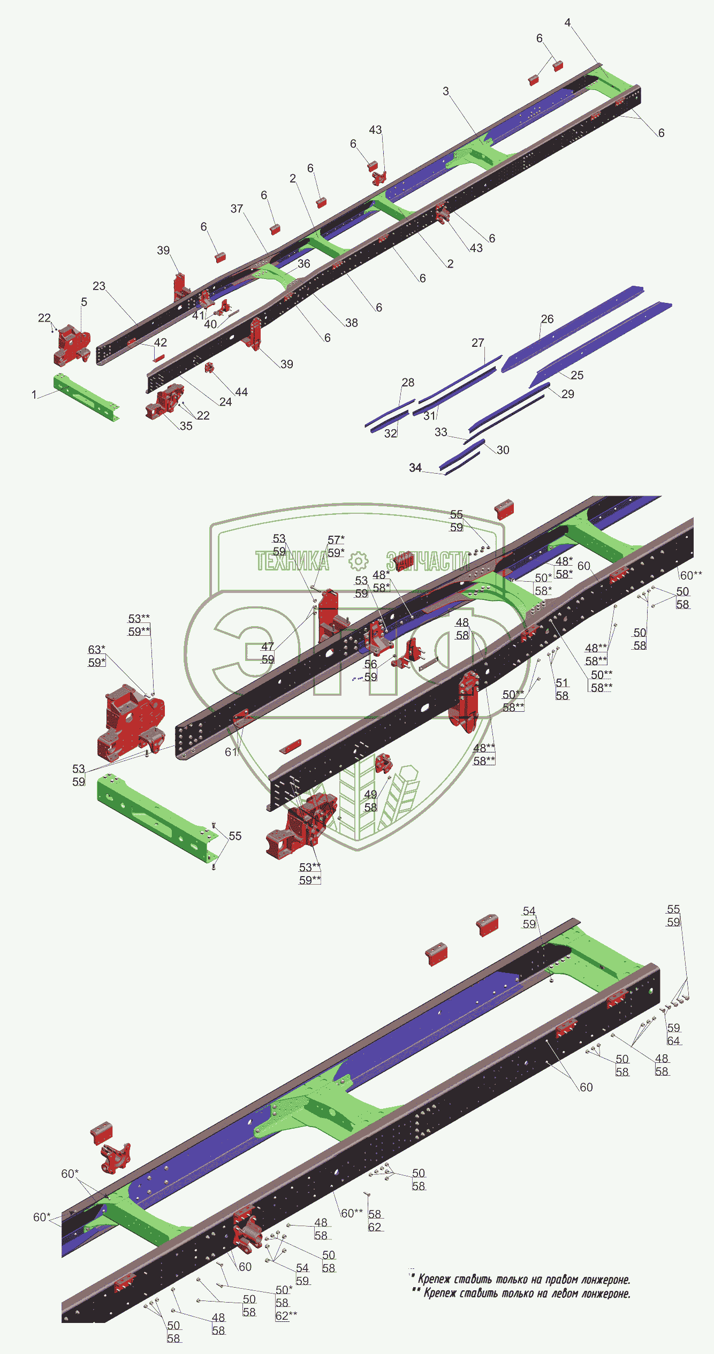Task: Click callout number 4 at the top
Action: click(x=567, y=22)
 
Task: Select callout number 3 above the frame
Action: click(x=446, y=91)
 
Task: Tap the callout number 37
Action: click(x=237, y=208)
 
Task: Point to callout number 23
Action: click(x=99, y=286)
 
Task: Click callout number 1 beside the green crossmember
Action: click(x=34, y=394)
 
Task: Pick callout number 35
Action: click(x=186, y=426)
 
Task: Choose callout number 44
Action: click(x=241, y=392)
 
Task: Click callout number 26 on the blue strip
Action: click(x=547, y=319)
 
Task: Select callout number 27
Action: click(x=478, y=343)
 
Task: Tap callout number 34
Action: click(x=415, y=468)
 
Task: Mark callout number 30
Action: click(x=503, y=450)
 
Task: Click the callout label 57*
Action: click(x=336, y=539)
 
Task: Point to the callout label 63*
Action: click(x=96, y=649)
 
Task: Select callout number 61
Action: click(x=231, y=752)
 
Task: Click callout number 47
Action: click(x=268, y=646)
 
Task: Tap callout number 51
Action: click(x=562, y=682)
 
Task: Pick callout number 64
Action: click(x=673, y=1041)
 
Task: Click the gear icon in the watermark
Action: click(x=358, y=561)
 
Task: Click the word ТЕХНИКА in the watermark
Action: click(x=292, y=561)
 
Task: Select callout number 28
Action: click(x=408, y=382)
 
